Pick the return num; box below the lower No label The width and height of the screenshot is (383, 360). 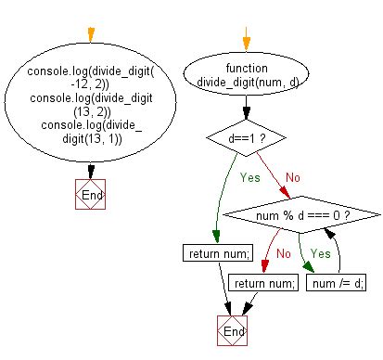[x=263, y=284]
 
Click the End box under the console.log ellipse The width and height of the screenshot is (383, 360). [x=91, y=196]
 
